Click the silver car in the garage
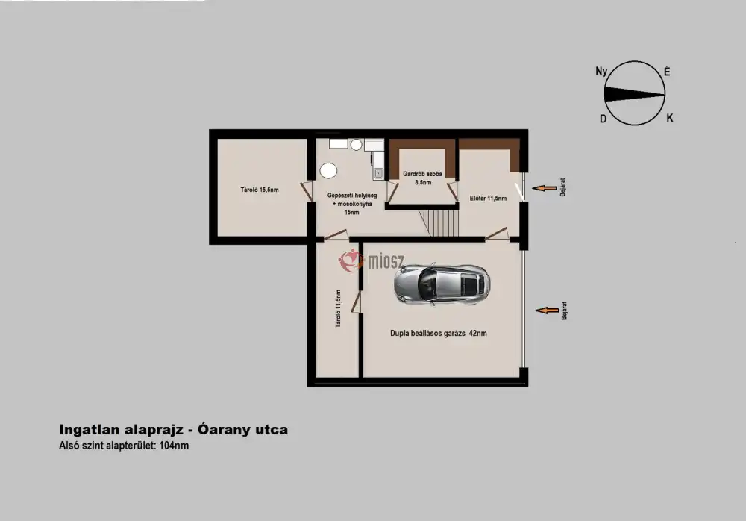[x=442, y=284]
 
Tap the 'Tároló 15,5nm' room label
[x=260, y=190]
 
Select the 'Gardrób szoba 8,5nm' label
[x=422, y=178]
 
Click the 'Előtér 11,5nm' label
[x=488, y=198]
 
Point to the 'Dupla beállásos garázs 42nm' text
[x=438, y=334]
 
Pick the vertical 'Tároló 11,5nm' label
[x=338, y=308]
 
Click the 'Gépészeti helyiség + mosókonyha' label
[x=352, y=199]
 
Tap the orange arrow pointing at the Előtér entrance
[x=545, y=188]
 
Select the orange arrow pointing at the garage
[x=548, y=311]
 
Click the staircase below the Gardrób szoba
[x=439, y=223]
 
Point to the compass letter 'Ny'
[x=601, y=72]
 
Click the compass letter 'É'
[x=667, y=72]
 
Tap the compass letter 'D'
[x=604, y=119]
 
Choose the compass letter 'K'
[x=670, y=118]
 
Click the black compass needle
[x=634, y=94]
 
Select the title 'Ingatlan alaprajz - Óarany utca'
[x=173, y=429]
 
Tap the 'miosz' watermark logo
[x=372, y=260]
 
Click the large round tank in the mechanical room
[x=328, y=170]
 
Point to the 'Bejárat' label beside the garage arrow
[x=564, y=311]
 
